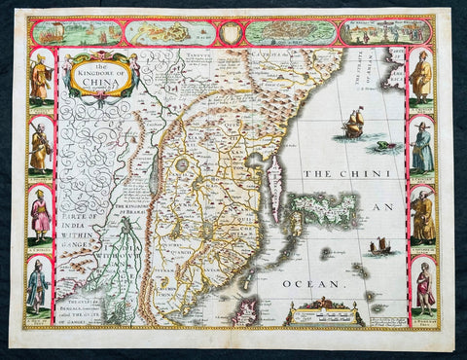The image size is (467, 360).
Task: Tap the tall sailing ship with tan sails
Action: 354,124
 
